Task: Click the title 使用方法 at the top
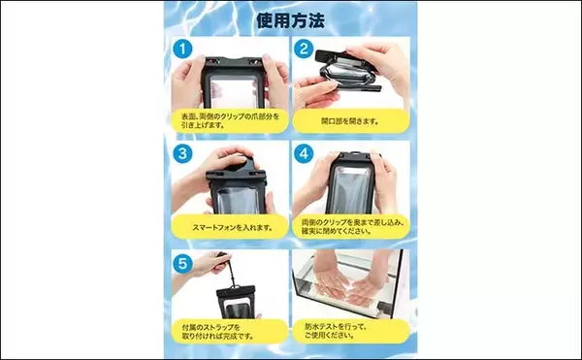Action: point(290,19)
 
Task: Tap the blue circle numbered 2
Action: point(305,49)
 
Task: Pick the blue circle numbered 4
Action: point(305,154)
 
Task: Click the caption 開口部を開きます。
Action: point(349,122)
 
